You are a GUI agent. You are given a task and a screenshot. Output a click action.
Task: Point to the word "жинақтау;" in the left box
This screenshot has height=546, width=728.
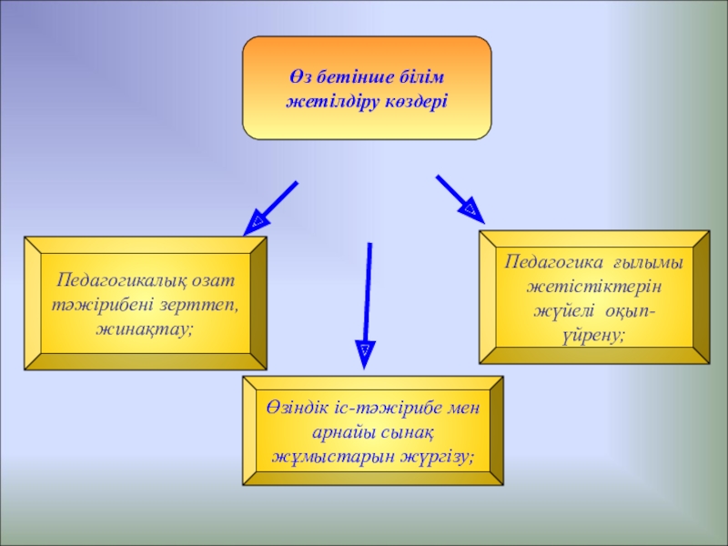146,324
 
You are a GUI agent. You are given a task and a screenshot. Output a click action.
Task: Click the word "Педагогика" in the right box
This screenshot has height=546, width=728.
550,263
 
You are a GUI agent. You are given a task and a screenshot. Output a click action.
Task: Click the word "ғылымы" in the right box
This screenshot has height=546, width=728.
648,263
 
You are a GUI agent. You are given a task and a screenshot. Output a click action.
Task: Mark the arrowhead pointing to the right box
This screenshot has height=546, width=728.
471,211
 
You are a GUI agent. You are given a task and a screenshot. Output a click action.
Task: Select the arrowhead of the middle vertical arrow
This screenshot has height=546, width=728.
363,351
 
